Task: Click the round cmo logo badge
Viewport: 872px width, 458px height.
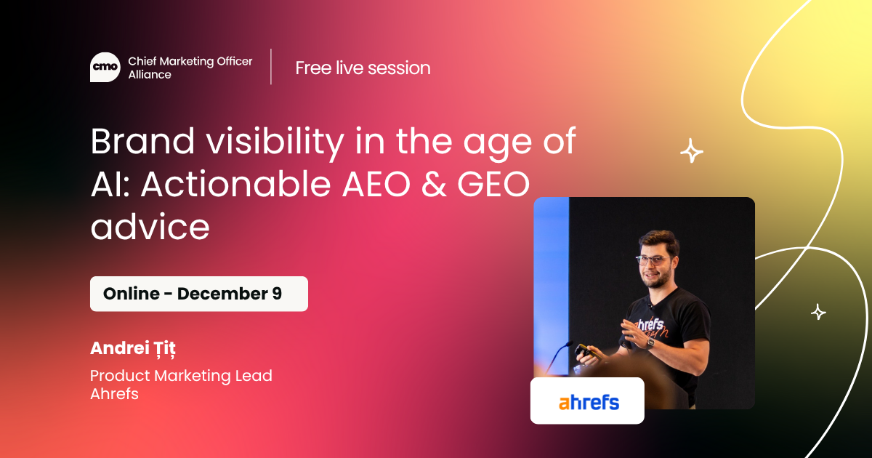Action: coord(105,67)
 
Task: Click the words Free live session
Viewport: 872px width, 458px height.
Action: coord(363,68)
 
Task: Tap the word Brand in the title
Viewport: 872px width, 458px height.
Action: coord(142,141)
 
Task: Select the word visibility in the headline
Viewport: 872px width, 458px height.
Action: coord(275,143)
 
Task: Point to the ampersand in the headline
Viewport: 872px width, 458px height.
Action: coord(434,184)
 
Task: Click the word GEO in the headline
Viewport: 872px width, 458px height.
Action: coord(493,184)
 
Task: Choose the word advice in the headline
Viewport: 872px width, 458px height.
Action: coord(150,226)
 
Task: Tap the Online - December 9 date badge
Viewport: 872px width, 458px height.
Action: coord(199,294)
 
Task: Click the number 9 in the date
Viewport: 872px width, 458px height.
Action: coord(277,293)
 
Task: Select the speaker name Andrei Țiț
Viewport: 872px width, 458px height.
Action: coord(133,348)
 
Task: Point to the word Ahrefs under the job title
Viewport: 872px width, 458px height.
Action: coord(115,394)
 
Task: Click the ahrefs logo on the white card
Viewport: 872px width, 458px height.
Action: coord(589,402)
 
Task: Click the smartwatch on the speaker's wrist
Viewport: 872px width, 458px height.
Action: coord(650,343)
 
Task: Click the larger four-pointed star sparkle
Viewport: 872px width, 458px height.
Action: coord(692,150)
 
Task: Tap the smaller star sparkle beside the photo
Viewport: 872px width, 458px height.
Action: coord(818,312)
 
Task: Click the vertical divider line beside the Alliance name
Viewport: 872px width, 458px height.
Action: coord(271,67)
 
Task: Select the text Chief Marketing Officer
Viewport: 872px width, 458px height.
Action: coord(190,61)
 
